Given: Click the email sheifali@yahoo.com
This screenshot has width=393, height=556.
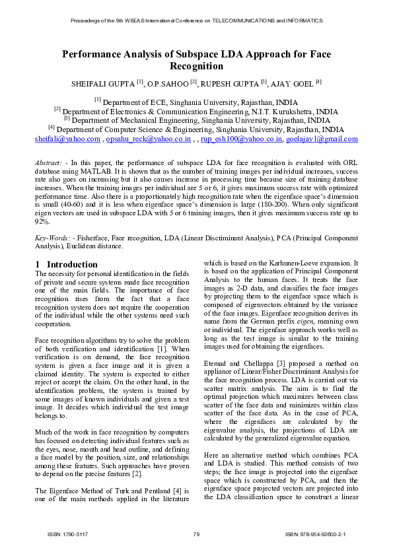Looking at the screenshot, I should (67, 140).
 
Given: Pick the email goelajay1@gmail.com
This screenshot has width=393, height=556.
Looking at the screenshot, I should (323, 140).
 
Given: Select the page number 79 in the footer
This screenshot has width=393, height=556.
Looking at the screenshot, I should (196, 534).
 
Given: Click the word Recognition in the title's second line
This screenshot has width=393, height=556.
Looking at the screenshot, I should (196, 67).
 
